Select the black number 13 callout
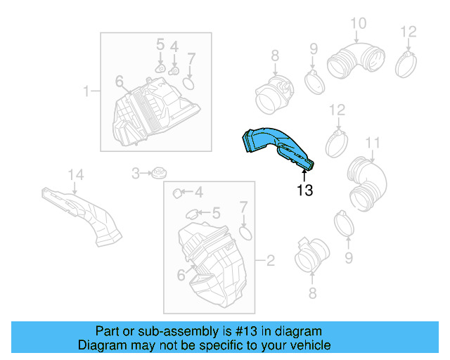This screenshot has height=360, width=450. pyautogui.click(x=304, y=190)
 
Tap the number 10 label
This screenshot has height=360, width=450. pyautogui.click(x=358, y=24)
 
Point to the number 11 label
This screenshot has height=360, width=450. pyautogui.click(x=372, y=143)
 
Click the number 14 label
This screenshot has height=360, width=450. pyautogui.click(x=75, y=174)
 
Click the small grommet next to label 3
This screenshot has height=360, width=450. pyautogui.click(x=160, y=172)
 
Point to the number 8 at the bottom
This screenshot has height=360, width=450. pyautogui.click(x=312, y=293)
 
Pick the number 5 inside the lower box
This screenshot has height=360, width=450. pyautogui.click(x=216, y=212)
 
